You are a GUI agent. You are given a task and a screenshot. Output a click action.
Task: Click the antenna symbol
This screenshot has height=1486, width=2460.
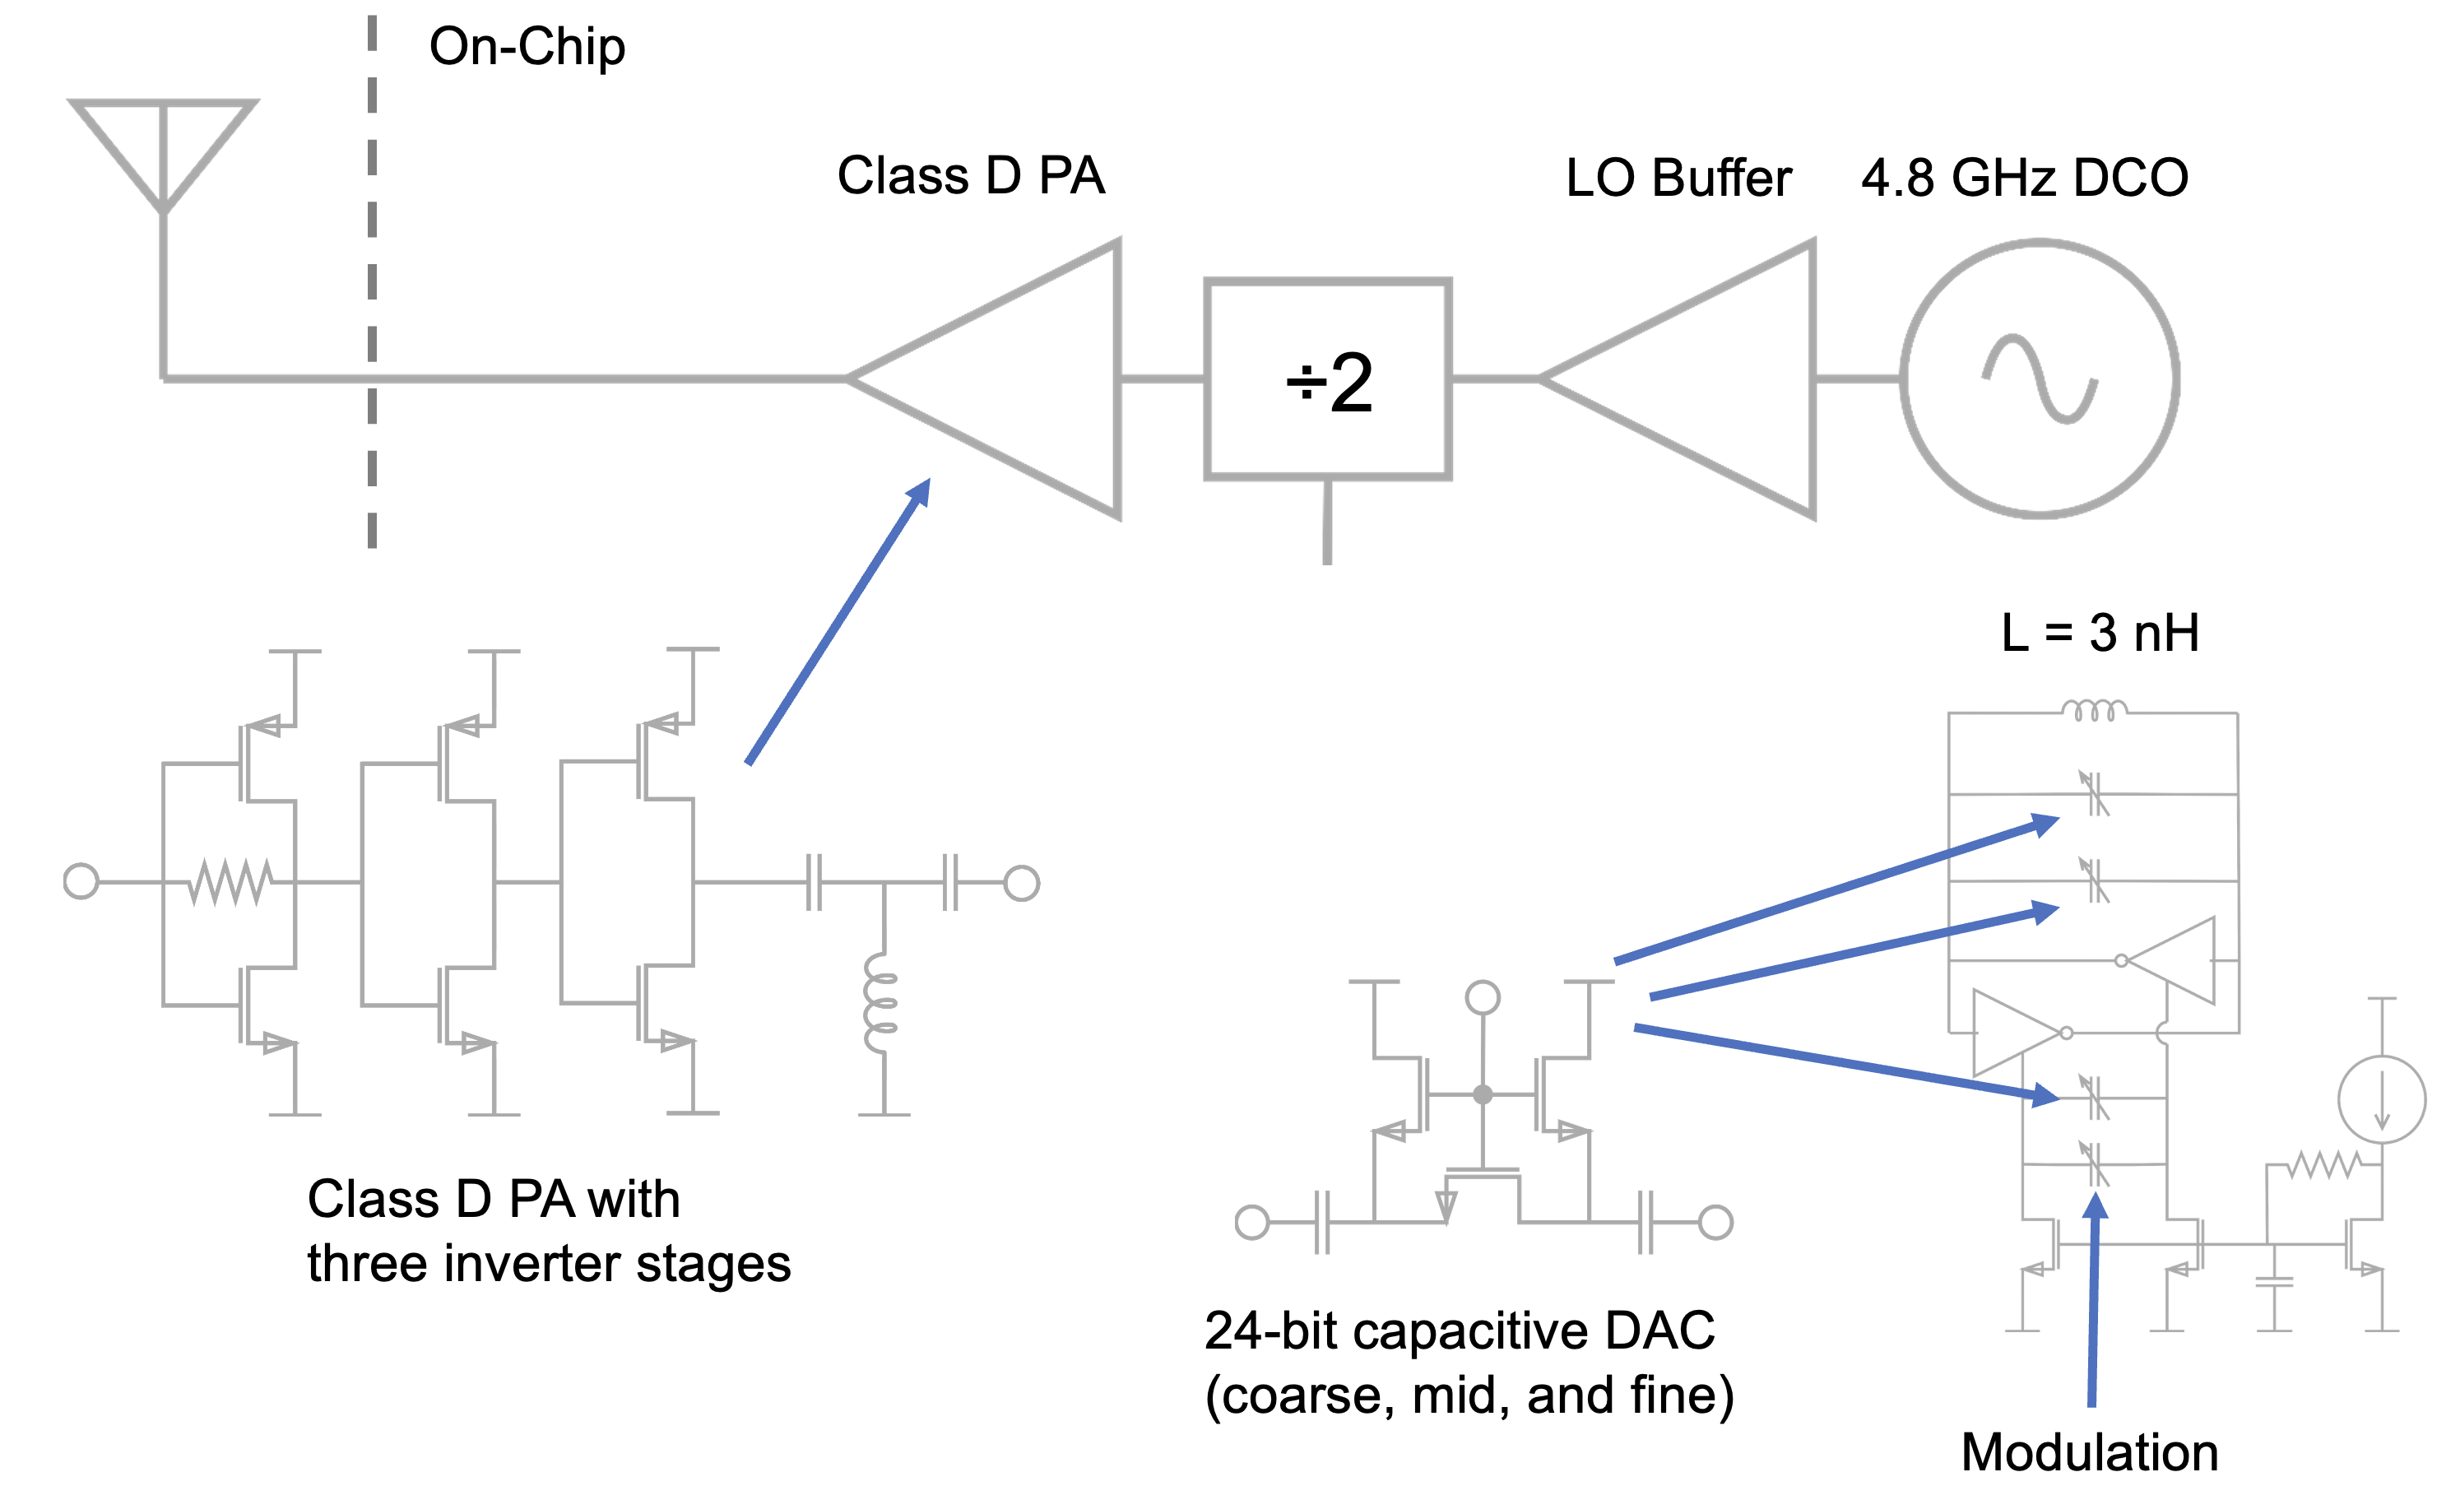tap(163, 150)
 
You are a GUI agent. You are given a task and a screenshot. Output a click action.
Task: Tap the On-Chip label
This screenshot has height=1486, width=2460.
tap(527, 47)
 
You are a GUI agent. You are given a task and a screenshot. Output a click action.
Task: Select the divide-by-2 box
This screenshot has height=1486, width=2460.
tap(1327, 380)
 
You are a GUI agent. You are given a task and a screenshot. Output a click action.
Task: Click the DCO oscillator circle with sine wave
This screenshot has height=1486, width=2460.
tap(2040, 379)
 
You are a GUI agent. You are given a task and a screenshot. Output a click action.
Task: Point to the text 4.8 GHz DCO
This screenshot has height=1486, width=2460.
tap(2025, 178)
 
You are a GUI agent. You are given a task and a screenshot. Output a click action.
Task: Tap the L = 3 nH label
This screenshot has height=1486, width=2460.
tap(2100, 632)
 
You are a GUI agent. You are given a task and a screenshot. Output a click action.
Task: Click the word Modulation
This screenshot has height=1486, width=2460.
tap(2090, 1452)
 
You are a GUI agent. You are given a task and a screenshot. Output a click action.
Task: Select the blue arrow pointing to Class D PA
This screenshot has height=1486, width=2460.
tap(838, 621)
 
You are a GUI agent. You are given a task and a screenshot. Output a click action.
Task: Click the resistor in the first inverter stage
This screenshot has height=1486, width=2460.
tap(230, 883)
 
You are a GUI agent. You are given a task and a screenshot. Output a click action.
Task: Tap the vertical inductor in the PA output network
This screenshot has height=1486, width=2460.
tap(881, 1003)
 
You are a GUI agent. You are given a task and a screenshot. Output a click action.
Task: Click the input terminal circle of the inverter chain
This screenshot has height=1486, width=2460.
tap(81, 882)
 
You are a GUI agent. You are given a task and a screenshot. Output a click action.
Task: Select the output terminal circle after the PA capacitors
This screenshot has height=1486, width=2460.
tap(1021, 883)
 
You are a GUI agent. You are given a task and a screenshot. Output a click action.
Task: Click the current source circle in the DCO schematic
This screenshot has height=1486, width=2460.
tap(2382, 1098)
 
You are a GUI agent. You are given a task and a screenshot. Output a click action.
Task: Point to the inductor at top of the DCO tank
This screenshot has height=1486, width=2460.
tap(2095, 711)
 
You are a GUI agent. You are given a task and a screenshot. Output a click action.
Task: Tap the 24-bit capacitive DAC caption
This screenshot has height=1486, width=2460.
tap(1469, 1363)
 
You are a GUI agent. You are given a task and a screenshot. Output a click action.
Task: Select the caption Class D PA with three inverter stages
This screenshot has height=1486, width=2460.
tap(548, 1232)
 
